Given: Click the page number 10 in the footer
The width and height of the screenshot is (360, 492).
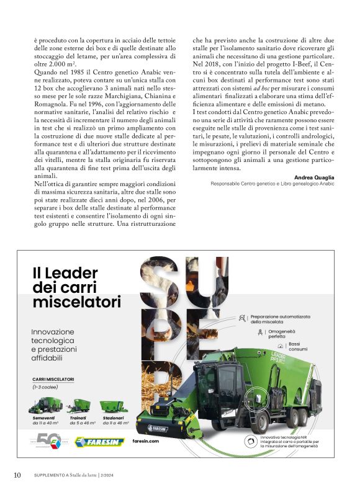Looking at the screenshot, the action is click(x=17, y=475).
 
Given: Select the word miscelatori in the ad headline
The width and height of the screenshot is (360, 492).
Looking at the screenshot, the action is click(x=76, y=302).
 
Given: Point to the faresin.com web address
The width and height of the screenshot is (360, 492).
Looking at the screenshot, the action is click(x=146, y=441).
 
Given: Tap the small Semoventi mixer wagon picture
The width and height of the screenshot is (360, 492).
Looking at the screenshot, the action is click(x=44, y=406).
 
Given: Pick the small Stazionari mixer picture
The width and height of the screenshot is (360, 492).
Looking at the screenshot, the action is click(x=114, y=406).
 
